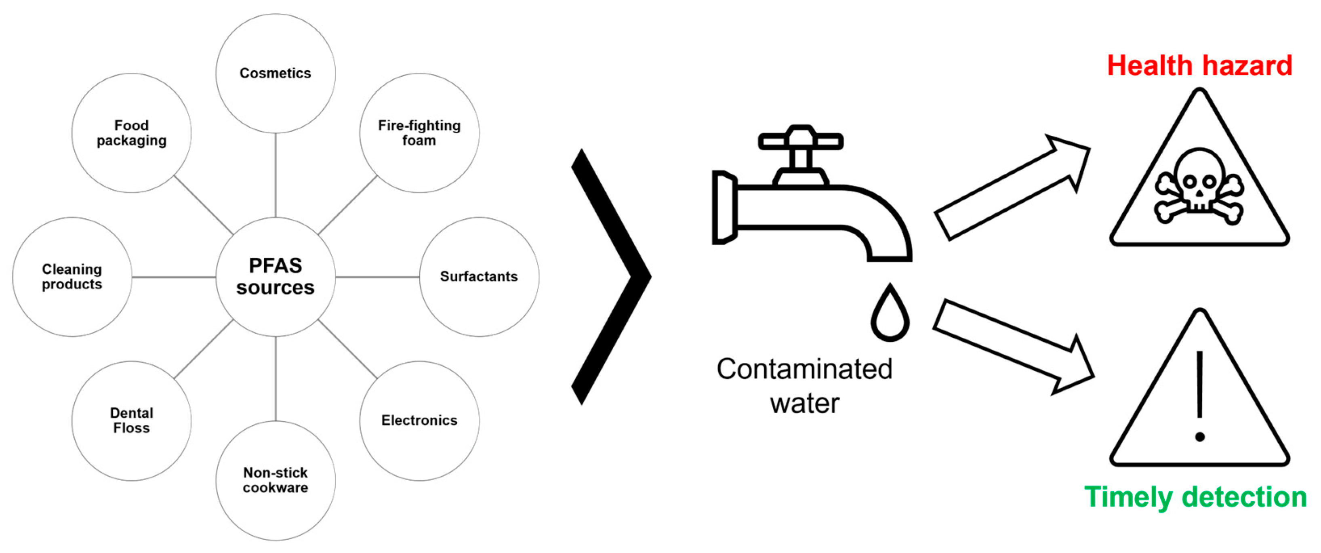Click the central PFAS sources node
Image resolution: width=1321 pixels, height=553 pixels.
point(276,277)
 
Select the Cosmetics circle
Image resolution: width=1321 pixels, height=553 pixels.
point(276,74)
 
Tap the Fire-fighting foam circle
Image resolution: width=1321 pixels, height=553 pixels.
point(419,133)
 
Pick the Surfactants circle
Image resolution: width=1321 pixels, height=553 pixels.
point(479,277)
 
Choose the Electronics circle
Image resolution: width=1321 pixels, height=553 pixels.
point(419,421)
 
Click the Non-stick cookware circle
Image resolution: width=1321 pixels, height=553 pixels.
point(276,480)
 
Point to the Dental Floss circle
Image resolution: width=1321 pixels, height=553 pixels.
point(132,421)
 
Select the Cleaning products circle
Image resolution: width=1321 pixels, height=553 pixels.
point(72,277)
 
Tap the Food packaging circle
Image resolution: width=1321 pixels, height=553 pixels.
point(132,133)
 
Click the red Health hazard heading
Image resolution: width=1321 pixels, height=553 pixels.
point(1199,66)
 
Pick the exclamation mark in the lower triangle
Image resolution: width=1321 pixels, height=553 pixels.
point(1199,395)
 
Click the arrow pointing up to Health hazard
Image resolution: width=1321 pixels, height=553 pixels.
point(1013,187)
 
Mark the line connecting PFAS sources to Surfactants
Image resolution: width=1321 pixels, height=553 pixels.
point(377,277)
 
